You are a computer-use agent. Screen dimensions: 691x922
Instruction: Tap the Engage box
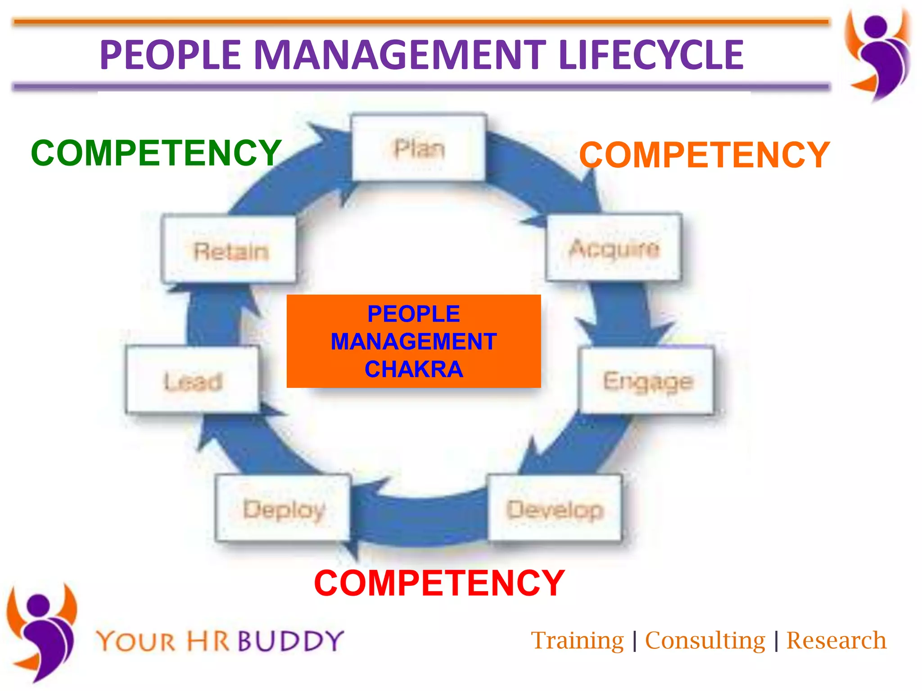point(647,381)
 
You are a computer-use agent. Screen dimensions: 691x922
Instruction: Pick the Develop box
point(555,509)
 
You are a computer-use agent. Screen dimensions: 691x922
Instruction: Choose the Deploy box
point(283,509)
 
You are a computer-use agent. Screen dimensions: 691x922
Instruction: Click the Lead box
point(193,381)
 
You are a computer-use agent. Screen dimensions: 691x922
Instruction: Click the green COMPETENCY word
point(156,153)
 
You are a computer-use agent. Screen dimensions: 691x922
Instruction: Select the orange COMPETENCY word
point(704,155)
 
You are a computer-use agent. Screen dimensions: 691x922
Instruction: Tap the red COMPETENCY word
point(439,583)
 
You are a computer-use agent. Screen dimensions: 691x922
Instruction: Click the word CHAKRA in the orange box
point(413,369)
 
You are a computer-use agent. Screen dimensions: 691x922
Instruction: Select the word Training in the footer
point(577,641)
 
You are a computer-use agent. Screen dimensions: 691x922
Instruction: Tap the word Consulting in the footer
point(705,641)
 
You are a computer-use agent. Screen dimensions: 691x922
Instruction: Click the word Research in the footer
point(836,641)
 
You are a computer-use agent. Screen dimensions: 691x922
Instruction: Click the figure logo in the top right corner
point(878,54)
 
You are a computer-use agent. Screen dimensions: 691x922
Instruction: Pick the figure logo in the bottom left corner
point(41,632)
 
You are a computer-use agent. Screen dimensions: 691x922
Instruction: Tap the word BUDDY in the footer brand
point(290,641)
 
